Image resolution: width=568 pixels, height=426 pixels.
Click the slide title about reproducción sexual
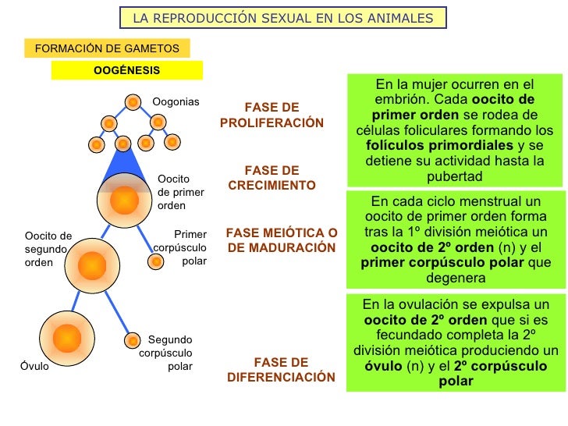coord(283,18)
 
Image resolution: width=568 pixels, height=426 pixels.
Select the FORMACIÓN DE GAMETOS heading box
coord(108,48)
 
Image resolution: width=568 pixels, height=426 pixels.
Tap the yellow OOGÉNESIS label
coord(126,70)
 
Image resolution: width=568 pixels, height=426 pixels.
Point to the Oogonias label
coord(176,102)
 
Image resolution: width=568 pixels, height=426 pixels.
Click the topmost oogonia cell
coord(133,102)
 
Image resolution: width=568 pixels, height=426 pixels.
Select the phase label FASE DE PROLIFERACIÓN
coord(272,115)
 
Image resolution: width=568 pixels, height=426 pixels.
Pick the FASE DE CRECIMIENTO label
coord(272,178)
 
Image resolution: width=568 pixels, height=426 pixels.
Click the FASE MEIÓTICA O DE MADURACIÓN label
coord(282,240)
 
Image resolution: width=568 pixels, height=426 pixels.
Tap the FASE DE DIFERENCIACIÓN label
coord(281,370)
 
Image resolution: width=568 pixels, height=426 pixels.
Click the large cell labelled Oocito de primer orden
coord(123,201)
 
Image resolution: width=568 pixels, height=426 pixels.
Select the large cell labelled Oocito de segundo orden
coord(92,267)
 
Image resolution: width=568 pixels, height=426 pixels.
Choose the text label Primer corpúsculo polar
coord(181,247)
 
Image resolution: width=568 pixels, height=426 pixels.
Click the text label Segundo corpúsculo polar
coord(166,353)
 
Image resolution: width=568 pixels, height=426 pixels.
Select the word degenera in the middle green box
coord(456,278)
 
